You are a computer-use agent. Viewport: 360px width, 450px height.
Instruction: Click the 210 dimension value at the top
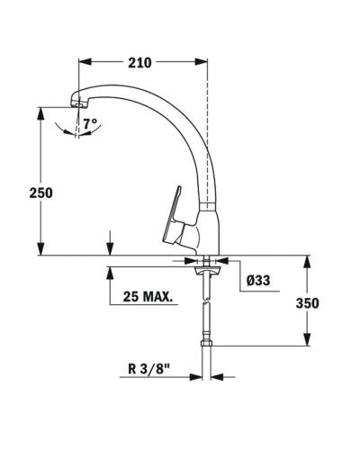tap(139, 63)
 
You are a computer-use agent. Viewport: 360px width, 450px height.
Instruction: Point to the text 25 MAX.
tap(143, 297)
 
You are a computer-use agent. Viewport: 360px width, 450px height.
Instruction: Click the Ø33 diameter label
tap(258, 280)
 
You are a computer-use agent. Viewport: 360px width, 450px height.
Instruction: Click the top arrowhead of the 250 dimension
tap(40, 111)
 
